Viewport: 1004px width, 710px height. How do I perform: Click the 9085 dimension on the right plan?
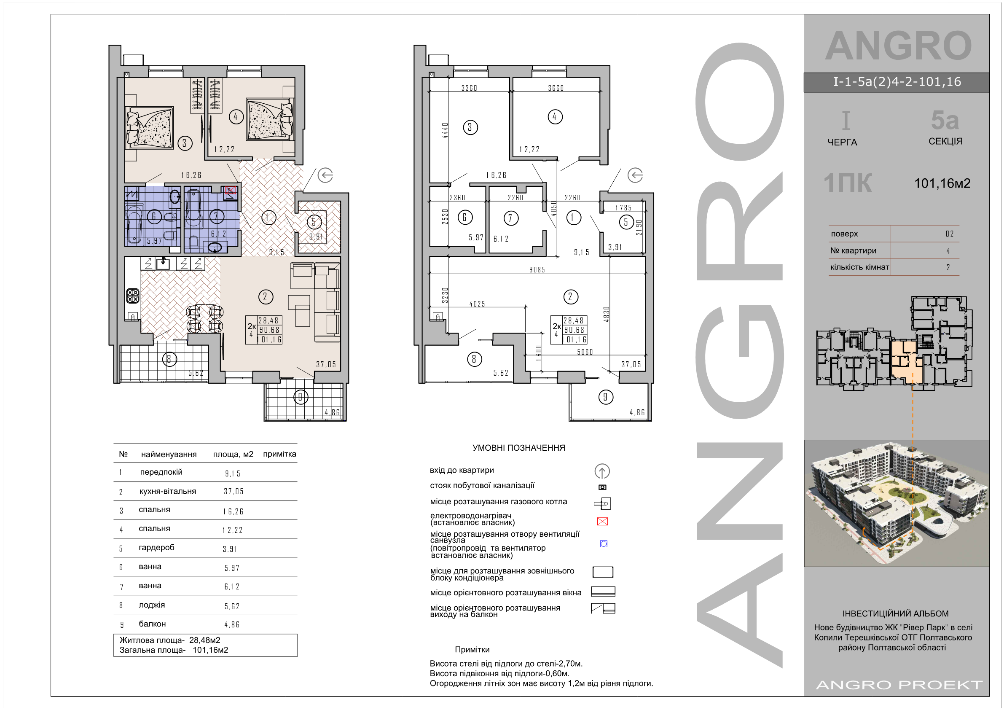537,270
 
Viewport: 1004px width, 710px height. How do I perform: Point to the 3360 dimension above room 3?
469,88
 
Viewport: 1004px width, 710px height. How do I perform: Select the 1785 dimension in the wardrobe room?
623,208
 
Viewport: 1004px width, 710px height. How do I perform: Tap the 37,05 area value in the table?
234,491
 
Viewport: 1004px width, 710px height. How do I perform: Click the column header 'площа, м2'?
233,454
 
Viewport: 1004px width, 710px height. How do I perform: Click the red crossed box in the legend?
602,522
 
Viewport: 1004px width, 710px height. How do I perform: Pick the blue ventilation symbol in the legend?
604,544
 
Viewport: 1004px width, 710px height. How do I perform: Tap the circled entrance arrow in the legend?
602,471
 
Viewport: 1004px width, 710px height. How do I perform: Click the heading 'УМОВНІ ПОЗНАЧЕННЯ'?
518,447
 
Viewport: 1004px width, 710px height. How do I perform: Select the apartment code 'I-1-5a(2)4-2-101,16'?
897,82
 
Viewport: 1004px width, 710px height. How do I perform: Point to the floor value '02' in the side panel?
949,234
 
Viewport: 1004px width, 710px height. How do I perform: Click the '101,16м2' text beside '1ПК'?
942,183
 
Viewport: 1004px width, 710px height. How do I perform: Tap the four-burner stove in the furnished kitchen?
133,296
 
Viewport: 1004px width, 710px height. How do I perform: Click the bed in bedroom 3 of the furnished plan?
149,127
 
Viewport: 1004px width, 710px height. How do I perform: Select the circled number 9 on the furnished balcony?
300,397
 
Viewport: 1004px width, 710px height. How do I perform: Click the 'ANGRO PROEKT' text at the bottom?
899,685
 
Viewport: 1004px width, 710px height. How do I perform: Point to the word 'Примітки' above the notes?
472,650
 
